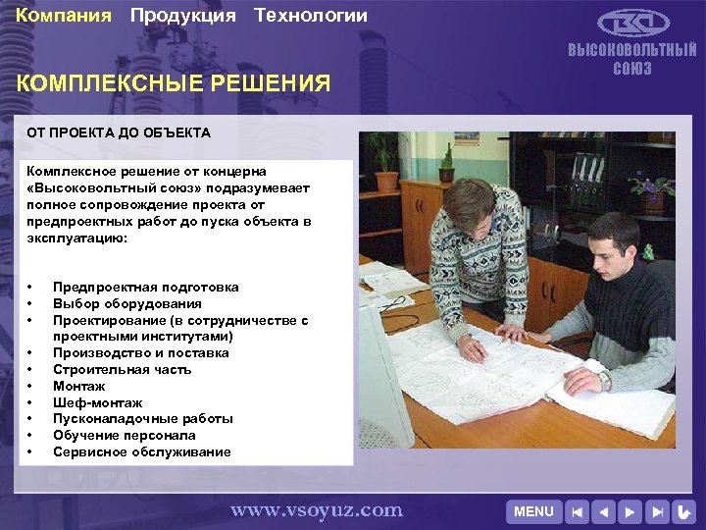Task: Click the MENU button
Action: (534, 511)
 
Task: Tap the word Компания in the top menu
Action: (64, 16)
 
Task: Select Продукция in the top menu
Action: (183, 16)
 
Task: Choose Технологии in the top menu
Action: (311, 16)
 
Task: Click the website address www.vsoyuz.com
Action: (317, 509)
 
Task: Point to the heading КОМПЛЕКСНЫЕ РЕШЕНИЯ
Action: (175, 83)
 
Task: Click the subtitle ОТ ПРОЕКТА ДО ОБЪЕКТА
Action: (118, 132)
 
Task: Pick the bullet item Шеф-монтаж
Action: (98, 402)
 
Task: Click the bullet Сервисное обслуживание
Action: (142, 451)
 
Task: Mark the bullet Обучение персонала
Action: (125, 435)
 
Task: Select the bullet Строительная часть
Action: (123, 369)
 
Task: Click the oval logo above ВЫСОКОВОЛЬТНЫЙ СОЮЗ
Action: (633, 24)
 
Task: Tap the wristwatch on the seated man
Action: (604, 379)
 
